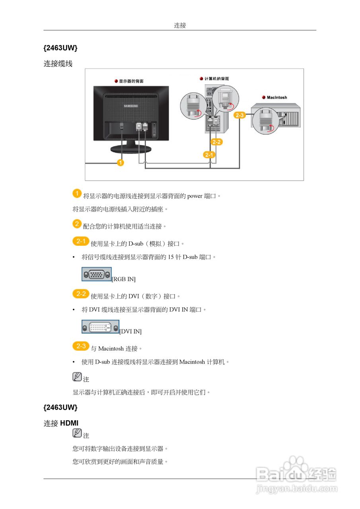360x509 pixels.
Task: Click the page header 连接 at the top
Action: (x=180, y=25)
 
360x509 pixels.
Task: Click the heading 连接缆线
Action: (x=58, y=64)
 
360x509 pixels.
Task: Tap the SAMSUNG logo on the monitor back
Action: (x=131, y=106)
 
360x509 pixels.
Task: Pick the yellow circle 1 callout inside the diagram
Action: (x=120, y=162)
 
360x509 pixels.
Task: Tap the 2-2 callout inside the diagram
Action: (x=217, y=142)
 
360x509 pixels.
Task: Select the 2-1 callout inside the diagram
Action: (x=209, y=155)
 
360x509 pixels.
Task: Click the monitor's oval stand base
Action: (x=131, y=149)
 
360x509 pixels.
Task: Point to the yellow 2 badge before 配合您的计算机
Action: (x=77, y=224)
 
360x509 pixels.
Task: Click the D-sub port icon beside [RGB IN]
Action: (x=97, y=274)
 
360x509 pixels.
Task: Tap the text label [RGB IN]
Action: (x=124, y=279)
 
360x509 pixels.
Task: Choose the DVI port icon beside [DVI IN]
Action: (x=100, y=327)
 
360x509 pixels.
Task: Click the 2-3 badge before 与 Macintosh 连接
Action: (x=81, y=346)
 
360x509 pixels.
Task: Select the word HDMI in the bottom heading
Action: (x=69, y=424)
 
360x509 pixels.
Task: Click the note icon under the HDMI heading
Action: (x=77, y=433)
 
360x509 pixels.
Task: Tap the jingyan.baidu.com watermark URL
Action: (x=297, y=489)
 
